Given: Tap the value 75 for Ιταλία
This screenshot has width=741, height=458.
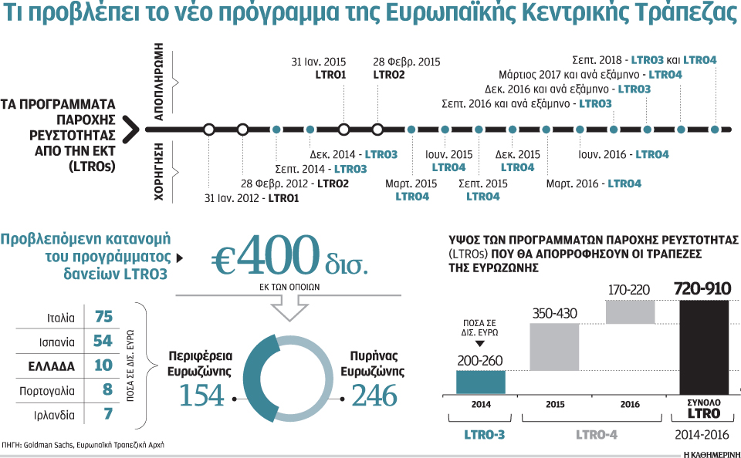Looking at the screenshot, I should pos(103,317).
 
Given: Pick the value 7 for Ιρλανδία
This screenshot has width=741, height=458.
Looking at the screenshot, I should pos(107,414).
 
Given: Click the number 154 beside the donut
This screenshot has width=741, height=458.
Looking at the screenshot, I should pos(201,395).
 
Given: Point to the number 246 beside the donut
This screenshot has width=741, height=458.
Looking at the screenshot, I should pos(374,395).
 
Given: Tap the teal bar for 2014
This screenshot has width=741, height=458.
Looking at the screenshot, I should pos(480,382).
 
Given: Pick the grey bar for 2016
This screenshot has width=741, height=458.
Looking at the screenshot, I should pos(631,312).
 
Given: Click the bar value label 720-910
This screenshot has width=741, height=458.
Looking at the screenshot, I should pos(702,290).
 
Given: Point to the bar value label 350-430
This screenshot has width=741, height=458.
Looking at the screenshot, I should pos(553,314).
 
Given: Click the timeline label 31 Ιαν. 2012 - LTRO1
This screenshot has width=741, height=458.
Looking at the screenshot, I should pos(252,198).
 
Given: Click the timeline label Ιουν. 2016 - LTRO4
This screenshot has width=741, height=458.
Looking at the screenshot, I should pos(624,155).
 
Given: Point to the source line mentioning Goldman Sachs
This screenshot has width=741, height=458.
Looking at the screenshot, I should pos(83,445).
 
